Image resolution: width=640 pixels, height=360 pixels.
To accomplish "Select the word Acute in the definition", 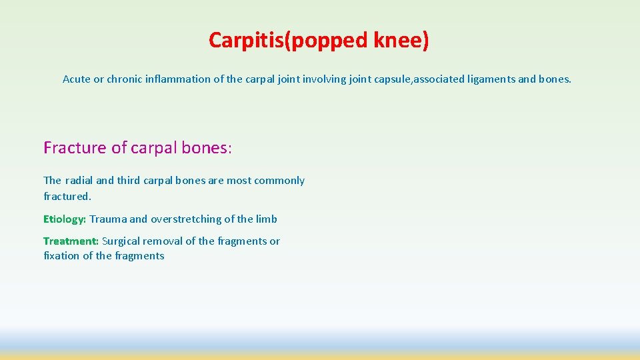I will click(x=77, y=79).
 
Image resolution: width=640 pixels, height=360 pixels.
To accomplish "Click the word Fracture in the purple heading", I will click(x=75, y=147).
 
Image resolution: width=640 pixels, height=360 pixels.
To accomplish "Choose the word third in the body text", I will click(x=129, y=180).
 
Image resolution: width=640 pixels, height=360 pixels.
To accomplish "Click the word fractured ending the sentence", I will click(x=66, y=196).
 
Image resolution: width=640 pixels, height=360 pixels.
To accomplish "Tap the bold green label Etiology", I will click(x=65, y=219).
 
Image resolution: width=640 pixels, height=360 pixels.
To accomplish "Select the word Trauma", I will click(x=108, y=219).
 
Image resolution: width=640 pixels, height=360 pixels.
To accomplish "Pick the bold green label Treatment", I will click(x=71, y=241).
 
